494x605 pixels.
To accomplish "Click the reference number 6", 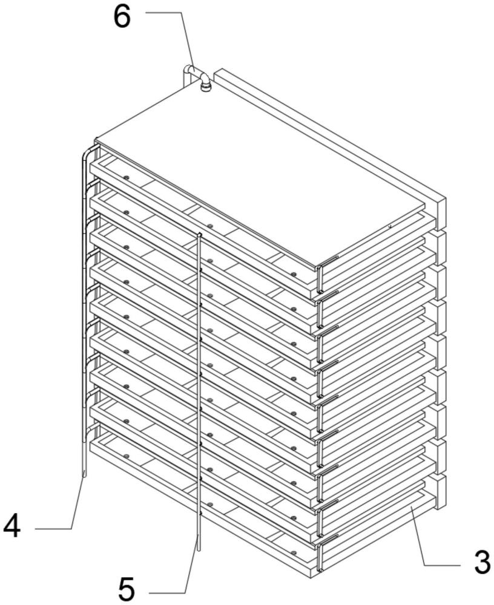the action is (x=122, y=18).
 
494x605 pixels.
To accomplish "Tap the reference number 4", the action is (x=12, y=527).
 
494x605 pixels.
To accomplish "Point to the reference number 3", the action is (x=482, y=562).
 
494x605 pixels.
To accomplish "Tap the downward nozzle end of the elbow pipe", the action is (x=205, y=88).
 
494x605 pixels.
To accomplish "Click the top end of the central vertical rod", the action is (x=199, y=234).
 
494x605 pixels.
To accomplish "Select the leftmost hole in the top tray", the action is (x=126, y=177).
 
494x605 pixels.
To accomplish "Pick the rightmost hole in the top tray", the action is (x=294, y=274).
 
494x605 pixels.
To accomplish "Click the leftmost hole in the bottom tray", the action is (x=126, y=456).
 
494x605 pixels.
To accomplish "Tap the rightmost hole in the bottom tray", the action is (x=294, y=553).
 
